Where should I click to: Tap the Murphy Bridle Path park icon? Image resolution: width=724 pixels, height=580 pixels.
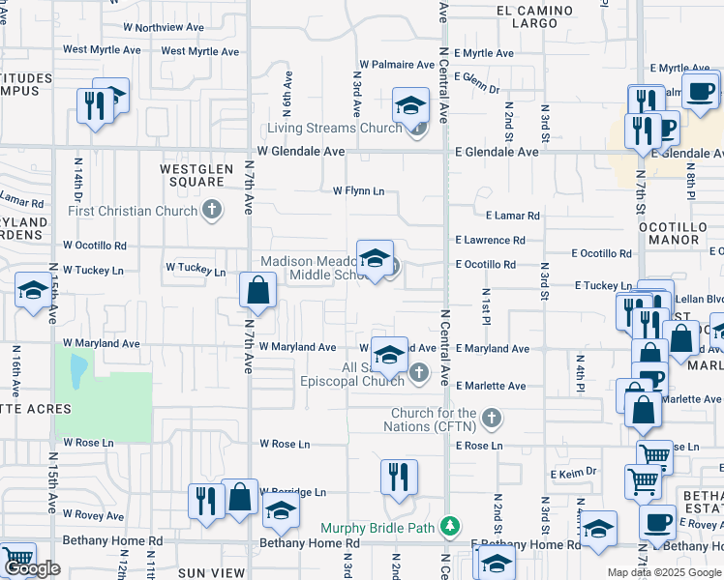pos(448,527)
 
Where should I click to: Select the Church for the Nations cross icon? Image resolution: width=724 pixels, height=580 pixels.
pos(492,419)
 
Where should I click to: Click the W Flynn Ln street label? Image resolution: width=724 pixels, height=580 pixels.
pos(359,191)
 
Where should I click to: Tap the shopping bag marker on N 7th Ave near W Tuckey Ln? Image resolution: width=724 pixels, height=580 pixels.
pos(258,290)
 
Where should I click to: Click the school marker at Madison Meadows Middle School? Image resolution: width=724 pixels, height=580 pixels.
pos(375,258)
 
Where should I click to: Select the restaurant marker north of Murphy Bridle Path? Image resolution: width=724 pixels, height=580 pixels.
pos(398,475)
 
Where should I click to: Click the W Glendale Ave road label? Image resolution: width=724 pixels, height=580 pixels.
pos(301,152)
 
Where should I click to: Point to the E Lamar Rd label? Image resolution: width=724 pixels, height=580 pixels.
pos(513,216)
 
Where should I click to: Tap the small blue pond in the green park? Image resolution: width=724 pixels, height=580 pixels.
pos(76,364)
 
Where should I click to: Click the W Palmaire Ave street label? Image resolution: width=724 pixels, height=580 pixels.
pos(398,65)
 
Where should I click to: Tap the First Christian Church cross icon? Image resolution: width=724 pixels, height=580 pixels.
pos(213,211)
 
